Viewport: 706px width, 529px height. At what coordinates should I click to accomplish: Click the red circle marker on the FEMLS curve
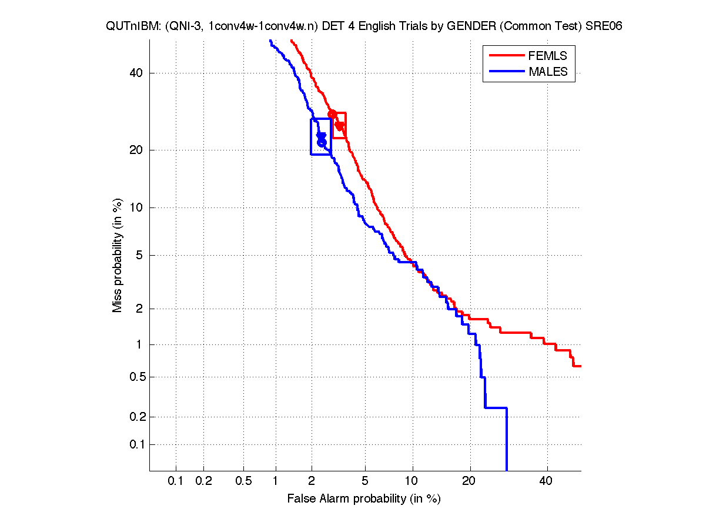[332, 114]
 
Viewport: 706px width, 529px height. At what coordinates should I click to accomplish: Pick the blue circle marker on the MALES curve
[322, 142]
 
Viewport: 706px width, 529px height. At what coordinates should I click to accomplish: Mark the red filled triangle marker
[339, 126]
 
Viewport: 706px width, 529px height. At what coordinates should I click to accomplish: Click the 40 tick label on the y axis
[137, 73]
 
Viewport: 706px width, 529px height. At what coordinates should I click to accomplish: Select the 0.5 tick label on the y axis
[135, 377]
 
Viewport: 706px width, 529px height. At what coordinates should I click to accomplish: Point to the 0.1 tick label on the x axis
[176, 481]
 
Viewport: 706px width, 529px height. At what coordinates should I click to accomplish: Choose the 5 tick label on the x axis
[365, 481]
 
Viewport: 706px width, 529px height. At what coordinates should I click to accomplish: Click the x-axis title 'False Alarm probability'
[364, 499]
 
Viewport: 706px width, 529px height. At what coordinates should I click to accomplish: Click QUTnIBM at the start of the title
[126, 26]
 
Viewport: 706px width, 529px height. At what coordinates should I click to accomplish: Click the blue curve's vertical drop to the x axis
[506, 441]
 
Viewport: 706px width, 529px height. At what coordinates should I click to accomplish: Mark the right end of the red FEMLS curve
[579, 366]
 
